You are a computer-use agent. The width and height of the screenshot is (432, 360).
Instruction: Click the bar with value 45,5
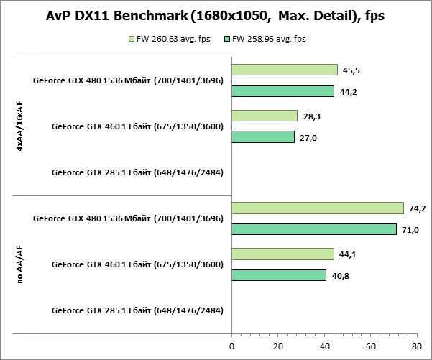(285, 70)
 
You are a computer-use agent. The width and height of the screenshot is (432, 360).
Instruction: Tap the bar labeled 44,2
(283, 91)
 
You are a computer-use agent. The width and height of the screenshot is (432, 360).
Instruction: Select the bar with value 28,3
(265, 116)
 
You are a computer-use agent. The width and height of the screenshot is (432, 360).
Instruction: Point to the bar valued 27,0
(263, 137)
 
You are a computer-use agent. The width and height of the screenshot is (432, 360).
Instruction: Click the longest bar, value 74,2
(318, 208)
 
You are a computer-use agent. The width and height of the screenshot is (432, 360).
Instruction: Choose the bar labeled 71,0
(314, 229)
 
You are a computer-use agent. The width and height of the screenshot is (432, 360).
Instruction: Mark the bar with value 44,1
(283, 254)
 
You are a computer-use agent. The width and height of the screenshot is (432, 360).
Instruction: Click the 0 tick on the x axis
(231, 346)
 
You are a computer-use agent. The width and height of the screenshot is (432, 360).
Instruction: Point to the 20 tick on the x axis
(278, 346)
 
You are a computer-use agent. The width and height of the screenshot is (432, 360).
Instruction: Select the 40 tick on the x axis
(324, 346)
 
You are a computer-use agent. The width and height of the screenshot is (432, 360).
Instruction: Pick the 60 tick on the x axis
(371, 346)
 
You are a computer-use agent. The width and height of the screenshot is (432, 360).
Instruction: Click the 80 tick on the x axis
(417, 346)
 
